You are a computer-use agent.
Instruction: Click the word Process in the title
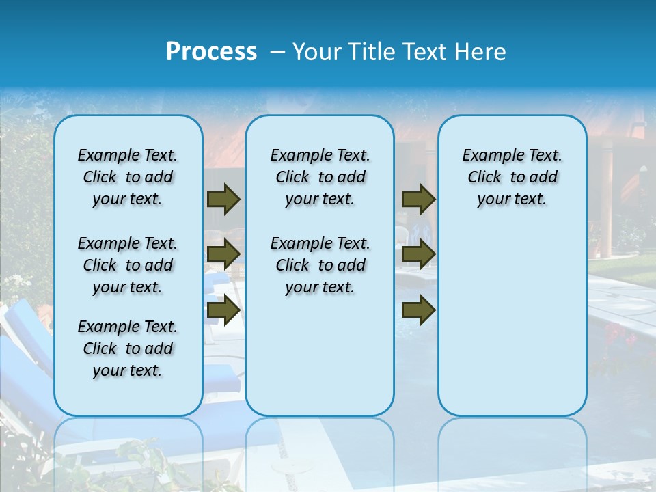click(211, 51)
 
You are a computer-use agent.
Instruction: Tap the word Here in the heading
click(481, 52)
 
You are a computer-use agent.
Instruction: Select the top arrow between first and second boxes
click(223, 200)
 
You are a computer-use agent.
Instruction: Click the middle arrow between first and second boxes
click(223, 254)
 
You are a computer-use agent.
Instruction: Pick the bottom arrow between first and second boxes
click(223, 310)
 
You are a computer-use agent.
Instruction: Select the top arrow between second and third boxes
click(418, 200)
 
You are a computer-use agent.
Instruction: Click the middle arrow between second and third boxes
click(418, 254)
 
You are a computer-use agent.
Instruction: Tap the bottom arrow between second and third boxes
click(418, 310)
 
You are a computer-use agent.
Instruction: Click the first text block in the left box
click(128, 177)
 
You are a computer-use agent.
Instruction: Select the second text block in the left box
click(128, 265)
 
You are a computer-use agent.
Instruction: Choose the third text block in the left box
click(128, 348)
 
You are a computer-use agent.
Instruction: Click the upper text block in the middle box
click(320, 177)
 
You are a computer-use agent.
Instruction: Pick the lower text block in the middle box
click(320, 265)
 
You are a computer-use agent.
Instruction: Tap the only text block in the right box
click(512, 177)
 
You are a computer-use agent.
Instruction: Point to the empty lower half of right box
click(512, 328)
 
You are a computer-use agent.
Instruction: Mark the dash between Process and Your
click(277, 52)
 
